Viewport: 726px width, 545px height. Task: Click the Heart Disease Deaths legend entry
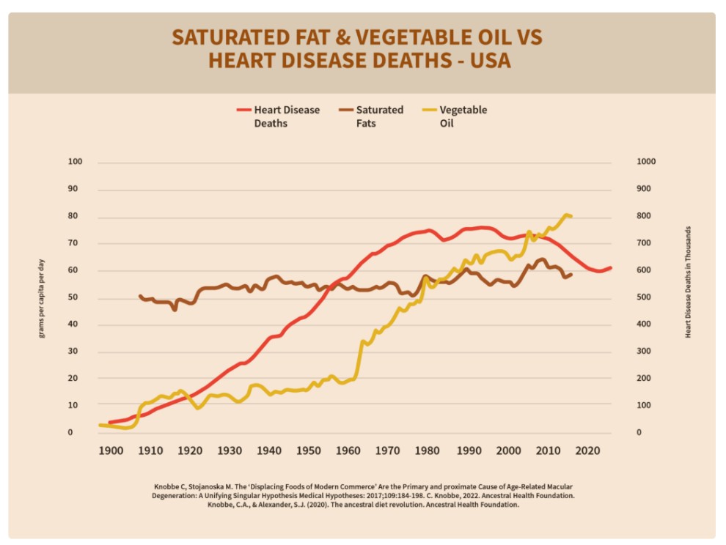(287, 116)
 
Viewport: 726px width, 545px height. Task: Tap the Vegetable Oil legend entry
(463, 116)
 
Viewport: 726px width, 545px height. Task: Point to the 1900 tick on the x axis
(110, 451)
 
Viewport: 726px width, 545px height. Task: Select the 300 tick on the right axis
(642, 352)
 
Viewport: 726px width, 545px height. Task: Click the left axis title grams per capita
(42, 297)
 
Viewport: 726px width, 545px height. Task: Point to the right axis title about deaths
(689, 282)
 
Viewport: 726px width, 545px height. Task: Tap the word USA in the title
(486, 61)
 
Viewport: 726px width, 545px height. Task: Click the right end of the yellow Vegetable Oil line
(571, 216)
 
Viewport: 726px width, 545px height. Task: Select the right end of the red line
(610, 267)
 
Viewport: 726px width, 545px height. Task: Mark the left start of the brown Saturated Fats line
(139, 296)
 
